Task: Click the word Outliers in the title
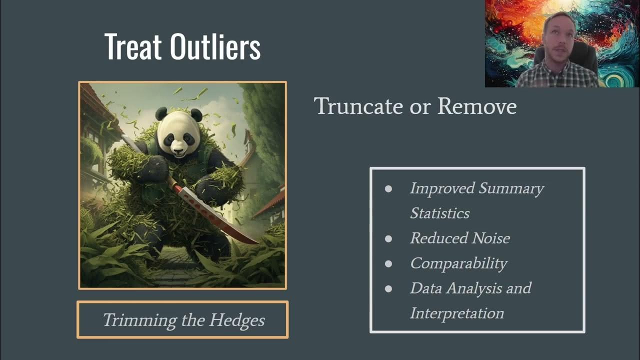215,47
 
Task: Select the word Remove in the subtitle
477,106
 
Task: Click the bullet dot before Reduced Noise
388,238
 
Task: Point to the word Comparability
458,263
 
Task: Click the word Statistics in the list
439,213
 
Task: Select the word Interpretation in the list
456,313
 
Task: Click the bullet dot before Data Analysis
388,288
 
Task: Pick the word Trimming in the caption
134,320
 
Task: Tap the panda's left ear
161,113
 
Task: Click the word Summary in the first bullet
511,188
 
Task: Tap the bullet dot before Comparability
388,263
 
